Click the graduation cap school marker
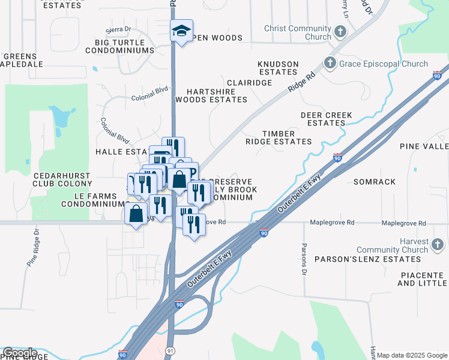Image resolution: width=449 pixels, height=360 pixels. pyautogui.click(x=181, y=31)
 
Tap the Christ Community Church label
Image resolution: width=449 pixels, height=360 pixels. pyautogui.click(x=301, y=32)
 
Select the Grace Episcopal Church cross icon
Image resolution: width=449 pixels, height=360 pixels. pyautogui.click(x=330, y=63)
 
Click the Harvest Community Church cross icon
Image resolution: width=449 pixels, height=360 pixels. pyautogui.click(x=437, y=244)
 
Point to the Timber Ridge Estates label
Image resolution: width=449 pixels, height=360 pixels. pyautogui.click(x=279, y=137)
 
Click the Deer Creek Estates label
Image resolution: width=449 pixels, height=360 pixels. pyautogui.click(x=326, y=119)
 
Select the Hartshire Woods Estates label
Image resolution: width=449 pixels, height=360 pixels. pyautogui.click(x=211, y=95)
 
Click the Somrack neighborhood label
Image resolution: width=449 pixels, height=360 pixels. pyautogui.click(x=375, y=181)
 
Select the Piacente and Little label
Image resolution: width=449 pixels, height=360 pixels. pyautogui.click(x=423, y=278)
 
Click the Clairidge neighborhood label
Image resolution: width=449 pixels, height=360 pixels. pyautogui.click(x=249, y=82)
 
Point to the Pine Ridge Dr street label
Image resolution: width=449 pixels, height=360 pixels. pyautogui.click(x=32, y=246)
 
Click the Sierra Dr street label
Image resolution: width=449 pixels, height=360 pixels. pyautogui.click(x=118, y=29)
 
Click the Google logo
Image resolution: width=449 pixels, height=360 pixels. pyautogui.click(x=19, y=353)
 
